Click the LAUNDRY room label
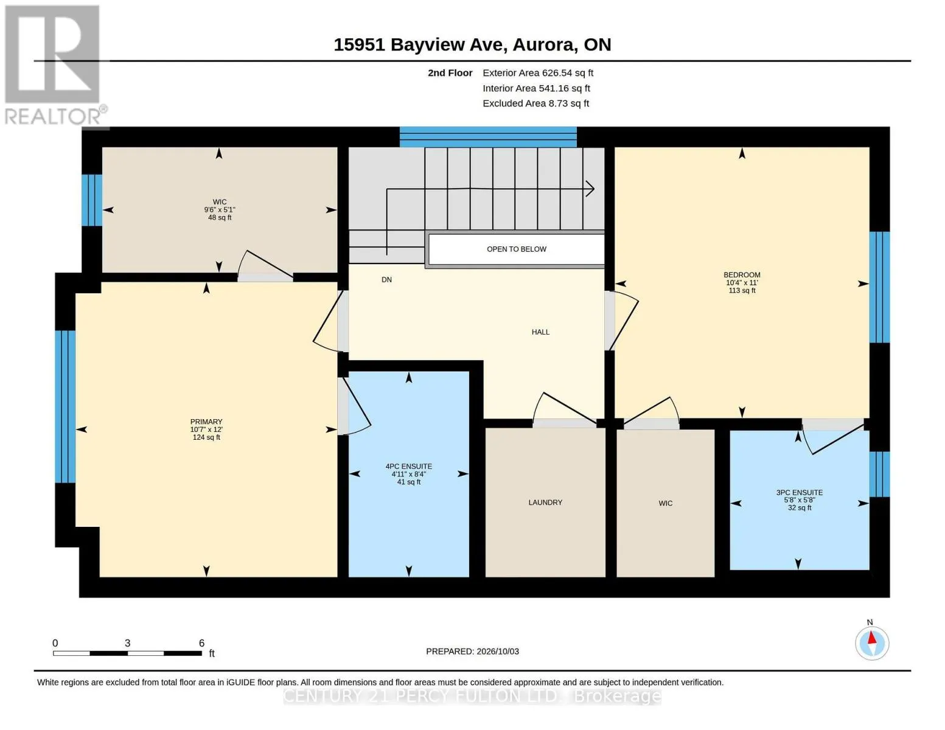(545, 502)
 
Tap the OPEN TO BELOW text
(516, 249)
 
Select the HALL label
(540, 332)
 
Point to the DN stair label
(386, 280)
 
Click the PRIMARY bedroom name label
(206, 422)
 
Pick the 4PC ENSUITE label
(408, 466)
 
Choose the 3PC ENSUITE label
(800, 492)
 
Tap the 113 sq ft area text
(742, 290)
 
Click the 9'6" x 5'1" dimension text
(220, 209)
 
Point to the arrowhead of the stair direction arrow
(591, 189)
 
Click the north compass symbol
(872, 643)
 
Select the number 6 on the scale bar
(201, 642)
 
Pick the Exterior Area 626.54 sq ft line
(538, 73)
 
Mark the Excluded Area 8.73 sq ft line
(535, 103)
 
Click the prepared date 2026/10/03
(498, 652)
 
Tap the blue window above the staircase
(488, 137)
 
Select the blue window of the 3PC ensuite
(879, 474)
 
